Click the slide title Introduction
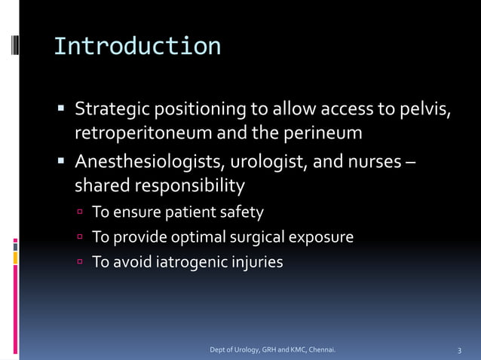[x=137, y=46]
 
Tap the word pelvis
[x=427, y=111]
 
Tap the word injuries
[x=257, y=262]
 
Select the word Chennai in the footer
[x=319, y=350]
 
